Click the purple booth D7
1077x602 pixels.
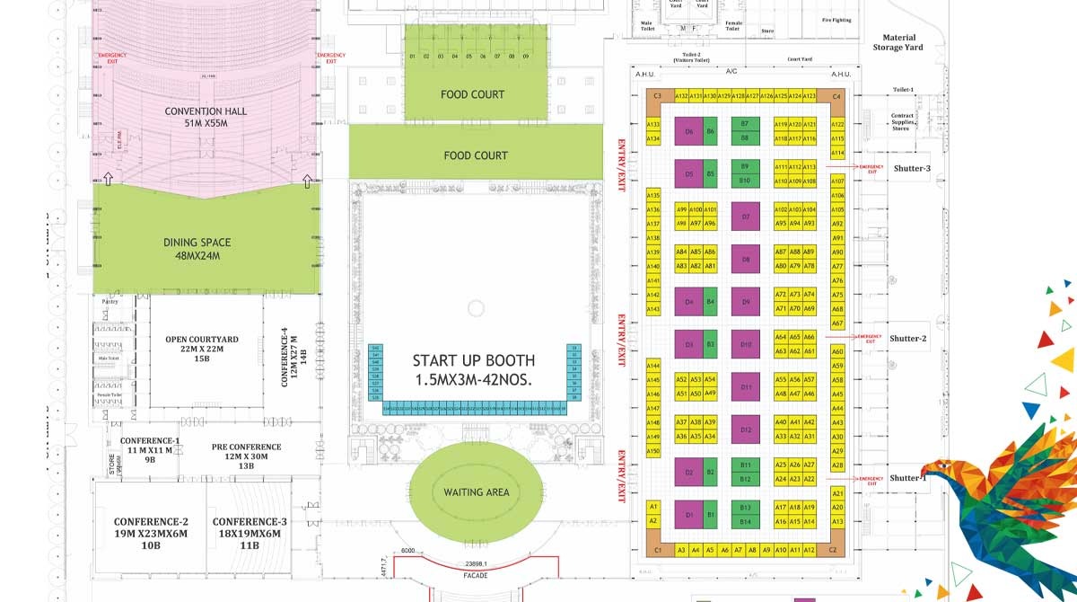click(x=745, y=217)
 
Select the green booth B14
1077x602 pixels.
click(x=745, y=521)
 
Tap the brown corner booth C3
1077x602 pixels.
click(x=657, y=96)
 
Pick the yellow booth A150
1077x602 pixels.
click(x=653, y=450)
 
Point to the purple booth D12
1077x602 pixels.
click(x=745, y=429)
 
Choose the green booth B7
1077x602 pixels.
click(x=745, y=123)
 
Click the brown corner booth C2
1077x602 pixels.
click(x=833, y=550)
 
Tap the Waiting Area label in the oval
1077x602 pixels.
click(x=476, y=492)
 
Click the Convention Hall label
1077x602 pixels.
click(x=206, y=117)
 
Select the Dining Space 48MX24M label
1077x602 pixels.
click(x=197, y=249)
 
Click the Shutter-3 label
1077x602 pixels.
click(x=912, y=169)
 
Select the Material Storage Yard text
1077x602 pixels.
click(x=897, y=42)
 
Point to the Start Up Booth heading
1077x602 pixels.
click(x=473, y=370)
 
